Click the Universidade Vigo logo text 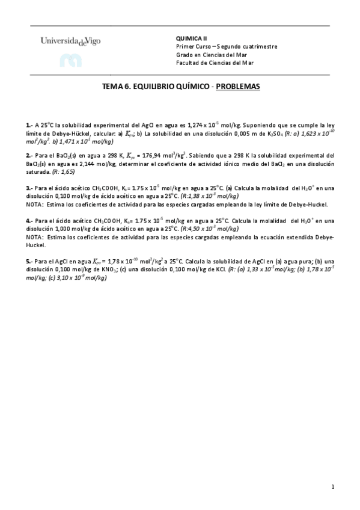point(71,41)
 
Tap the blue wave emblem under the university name point(70,60)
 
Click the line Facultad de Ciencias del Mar point(215,63)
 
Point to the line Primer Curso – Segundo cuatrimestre point(227,46)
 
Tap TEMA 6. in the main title point(117,87)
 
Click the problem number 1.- point(29,125)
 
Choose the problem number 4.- point(29,221)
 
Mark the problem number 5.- point(29,262)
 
